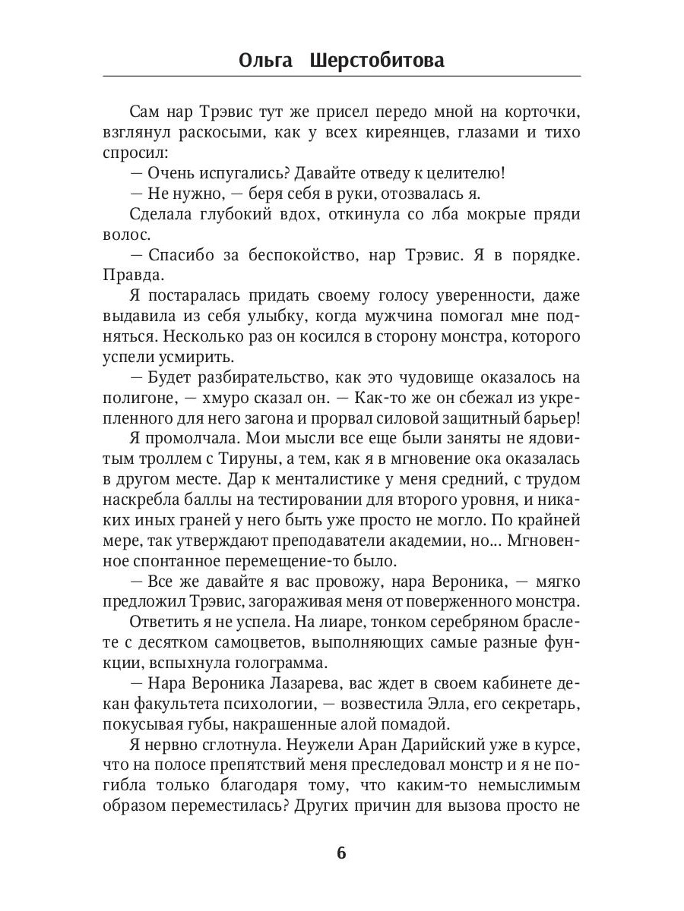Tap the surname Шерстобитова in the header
[377, 61]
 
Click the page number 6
[341, 852]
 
